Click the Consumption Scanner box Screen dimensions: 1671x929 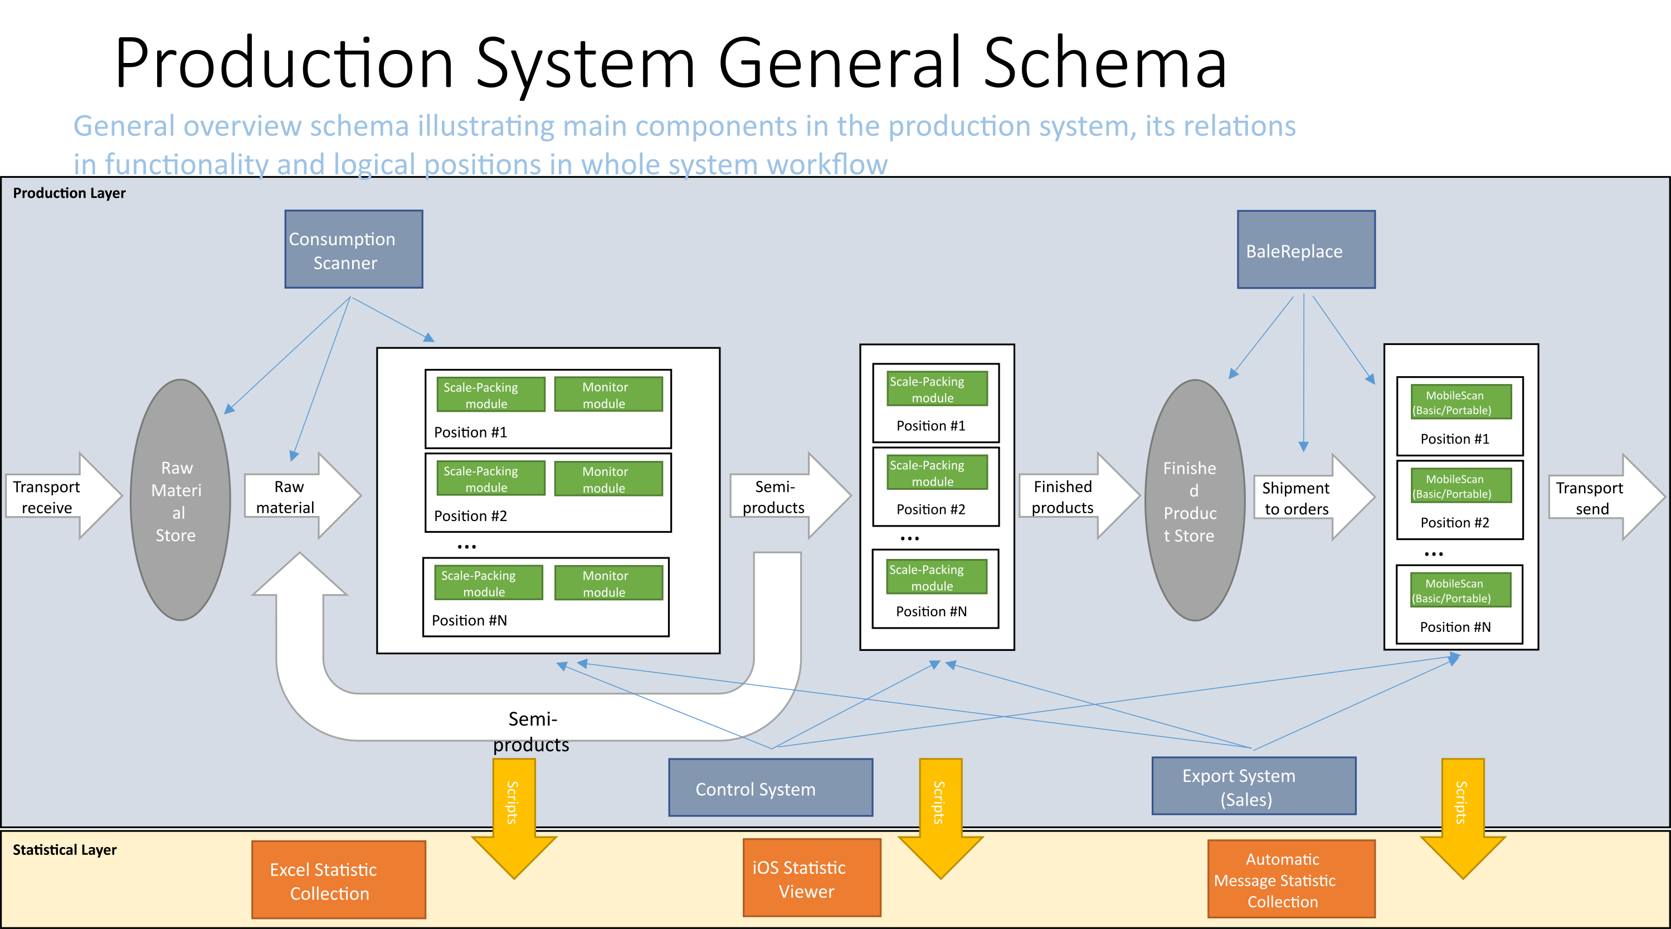click(x=353, y=249)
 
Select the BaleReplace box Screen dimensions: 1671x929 click(x=1306, y=249)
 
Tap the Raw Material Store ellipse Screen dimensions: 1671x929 click(x=181, y=499)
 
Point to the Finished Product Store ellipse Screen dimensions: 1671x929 click(x=1194, y=499)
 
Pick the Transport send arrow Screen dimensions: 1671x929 click(x=1606, y=497)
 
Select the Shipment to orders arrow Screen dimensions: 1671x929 click(x=1314, y=497)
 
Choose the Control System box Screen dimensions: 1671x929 click(x=771, y=787)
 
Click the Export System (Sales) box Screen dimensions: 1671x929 click(x=1254, y=786)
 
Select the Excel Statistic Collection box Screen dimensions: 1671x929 click(x=339, y=880)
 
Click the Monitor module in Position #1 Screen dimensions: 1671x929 click(x=608, y=395)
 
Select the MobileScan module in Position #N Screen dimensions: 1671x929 click(x=1461, y=590)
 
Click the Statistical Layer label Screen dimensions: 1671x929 click(x=65, y=850)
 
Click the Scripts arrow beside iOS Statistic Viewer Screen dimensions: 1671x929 click(x=941, y=818)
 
